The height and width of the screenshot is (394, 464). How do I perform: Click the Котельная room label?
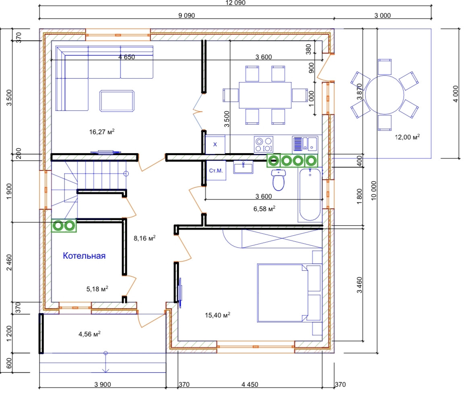pyautogui.click(x=84, y=256)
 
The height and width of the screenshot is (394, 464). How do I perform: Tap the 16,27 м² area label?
pyautogui.click(x=102, y=131)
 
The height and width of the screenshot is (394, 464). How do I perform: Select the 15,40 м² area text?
pyautogui.click(x=217, y=315)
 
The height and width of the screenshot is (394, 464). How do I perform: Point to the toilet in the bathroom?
pyautogui.click(x=278, y=180)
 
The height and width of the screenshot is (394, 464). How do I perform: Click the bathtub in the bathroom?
pyautogui.click(x=310, y=195)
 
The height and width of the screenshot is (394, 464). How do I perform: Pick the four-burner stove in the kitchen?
pyautogui.click(x=263, y=145)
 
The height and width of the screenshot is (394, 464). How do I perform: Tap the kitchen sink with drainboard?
pyautogui.click(x=305, y=144)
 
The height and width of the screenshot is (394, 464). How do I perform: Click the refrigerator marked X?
pyautogui.click(x=215, y=144)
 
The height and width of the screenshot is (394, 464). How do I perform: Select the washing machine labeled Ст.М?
pyautogui.click(x=216, y=170)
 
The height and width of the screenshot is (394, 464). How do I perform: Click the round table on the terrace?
pyautogui.click(x=385, y=95)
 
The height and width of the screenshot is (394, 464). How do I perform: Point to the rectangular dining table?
pyautogui.click(x=265, y=95)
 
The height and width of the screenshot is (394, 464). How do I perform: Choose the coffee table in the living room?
pyautogui.click(x=117, y=101)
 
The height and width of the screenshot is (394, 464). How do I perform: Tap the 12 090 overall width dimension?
pyautogui.click(x=235, y=3)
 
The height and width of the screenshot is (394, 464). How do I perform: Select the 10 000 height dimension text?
pyautogui.click(x=374, y=191)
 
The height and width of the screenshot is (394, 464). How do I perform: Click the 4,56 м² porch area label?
pyautogui.click(x=89, y=334)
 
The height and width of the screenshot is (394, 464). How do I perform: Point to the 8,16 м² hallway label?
pyautogui.click(x=144, y=238)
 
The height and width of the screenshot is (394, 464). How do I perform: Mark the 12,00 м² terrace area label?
pyautogui.click(x=407, y=137)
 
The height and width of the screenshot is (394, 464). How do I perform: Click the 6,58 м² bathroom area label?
pyautogui.click(x=264, y=209)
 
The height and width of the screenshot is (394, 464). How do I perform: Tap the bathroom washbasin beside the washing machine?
pyautogui.click(x=243, y=167)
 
